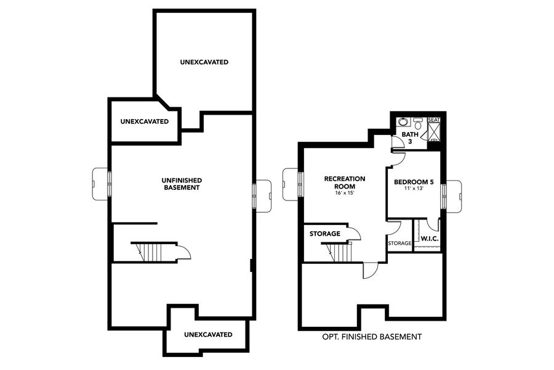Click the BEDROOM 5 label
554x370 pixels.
414,183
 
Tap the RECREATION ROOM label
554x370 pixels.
344,182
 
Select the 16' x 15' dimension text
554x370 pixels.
344,194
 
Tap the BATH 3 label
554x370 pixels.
409,138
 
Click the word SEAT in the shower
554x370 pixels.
434,120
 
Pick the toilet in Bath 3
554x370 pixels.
417,121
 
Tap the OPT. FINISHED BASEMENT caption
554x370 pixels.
372,337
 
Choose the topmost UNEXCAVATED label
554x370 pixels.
204,62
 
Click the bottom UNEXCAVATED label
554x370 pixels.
208,334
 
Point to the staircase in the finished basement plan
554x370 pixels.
338,252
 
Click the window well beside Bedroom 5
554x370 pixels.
454,195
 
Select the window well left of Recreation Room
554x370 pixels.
290,184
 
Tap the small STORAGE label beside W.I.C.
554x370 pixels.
399,244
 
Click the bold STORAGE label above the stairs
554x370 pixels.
324,234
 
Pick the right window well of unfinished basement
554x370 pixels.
263,195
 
